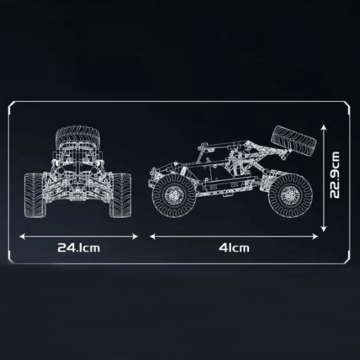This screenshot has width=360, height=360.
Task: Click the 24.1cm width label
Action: tap(78, 247)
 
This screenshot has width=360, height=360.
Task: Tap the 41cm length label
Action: tap(234, 247)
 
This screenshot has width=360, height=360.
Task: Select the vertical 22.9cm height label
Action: tap(334, 175)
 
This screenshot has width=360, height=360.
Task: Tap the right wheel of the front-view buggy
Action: tap(120, 195)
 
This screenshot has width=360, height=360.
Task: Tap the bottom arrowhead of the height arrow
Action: tap(323, 229)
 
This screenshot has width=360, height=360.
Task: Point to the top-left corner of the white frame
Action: tap(10, 102)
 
